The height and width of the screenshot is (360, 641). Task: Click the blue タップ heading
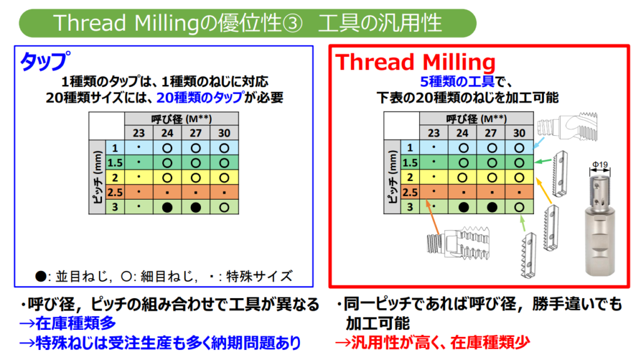tap(45, 61)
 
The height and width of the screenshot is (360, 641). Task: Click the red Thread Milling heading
tap(416, 62)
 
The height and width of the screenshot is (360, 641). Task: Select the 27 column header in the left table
tap(195, 133)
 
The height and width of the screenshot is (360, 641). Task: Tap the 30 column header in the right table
tap(519, 133)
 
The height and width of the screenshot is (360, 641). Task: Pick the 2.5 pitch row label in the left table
tap(115, 192)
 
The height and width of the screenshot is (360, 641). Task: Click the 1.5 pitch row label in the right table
tap(409, 163)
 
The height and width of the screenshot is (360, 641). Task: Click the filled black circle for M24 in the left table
tap(167, 207)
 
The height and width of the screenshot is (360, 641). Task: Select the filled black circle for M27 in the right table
tap(492, 207)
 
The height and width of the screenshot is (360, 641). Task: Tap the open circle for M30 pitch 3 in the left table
tap(224, 207)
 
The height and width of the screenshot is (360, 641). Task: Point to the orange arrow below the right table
tap(433, 217)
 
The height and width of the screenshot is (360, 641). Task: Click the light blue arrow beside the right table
tap(540, 142)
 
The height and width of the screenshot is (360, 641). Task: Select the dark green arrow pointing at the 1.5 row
tap(544, 162)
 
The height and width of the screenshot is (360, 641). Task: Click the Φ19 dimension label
tap(600, 165)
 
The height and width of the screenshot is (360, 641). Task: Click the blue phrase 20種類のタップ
tap(200, 98)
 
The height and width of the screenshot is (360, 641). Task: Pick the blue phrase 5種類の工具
tap(457, 81)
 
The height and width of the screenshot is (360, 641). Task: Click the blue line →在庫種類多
tap(68, 323)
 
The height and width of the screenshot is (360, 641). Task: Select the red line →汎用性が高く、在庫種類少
tap(433, 342)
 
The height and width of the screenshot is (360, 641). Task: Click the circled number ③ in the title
tap(292, 23)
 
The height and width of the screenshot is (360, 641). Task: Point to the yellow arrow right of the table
tap(544, 190)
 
